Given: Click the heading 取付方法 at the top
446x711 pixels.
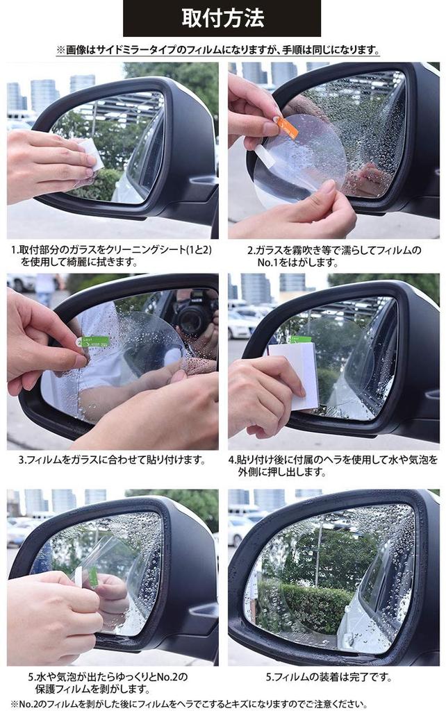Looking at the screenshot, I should (222, 18).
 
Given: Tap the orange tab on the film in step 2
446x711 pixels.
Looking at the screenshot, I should (286, 127).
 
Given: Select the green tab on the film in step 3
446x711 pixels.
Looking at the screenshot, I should (95, 342).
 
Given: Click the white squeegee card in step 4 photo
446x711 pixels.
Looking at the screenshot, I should (295, 376).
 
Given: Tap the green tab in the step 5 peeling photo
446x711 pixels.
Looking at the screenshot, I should (93, 576).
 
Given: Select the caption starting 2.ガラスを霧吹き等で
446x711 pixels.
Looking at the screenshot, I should (333, 256).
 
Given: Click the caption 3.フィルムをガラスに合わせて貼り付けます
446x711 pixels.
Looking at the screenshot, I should (112, 460).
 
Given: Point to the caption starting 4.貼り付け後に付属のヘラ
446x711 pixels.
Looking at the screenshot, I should (333, 465).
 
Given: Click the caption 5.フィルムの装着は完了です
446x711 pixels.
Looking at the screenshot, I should (333, 677).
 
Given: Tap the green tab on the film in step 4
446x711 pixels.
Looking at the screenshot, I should (300, 340).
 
